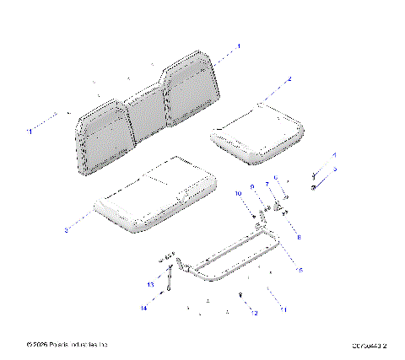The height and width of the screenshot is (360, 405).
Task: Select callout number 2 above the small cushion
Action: [x=289, y=78]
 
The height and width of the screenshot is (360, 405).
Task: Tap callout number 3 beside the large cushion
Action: [x=66, y=228]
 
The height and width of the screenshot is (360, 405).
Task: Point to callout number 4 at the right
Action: [x=334, y=156]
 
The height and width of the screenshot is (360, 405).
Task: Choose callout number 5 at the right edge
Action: [x=334, y=169]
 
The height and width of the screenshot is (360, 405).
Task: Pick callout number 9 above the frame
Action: [x=251, y=187]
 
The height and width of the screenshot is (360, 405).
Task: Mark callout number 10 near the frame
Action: [x=238, y=194]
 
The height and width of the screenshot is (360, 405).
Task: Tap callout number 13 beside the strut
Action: [x=151, y=286]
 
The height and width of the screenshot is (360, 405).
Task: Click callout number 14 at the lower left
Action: [x=143, y=309]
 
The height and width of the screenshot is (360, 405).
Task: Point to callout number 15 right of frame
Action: [x=297, y=269]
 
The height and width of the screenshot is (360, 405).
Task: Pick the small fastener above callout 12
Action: [x=241, y=294]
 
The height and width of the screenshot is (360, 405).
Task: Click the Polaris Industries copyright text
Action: [x=67, y=345]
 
